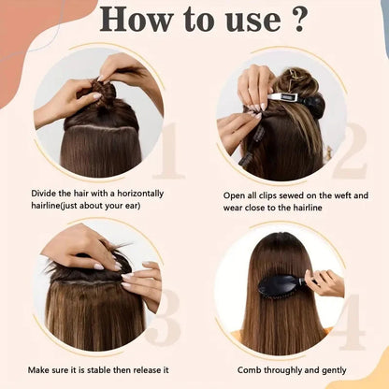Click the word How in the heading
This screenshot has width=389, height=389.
(x=130, y=20)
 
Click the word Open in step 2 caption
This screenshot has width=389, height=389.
(x=235, y=194)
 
